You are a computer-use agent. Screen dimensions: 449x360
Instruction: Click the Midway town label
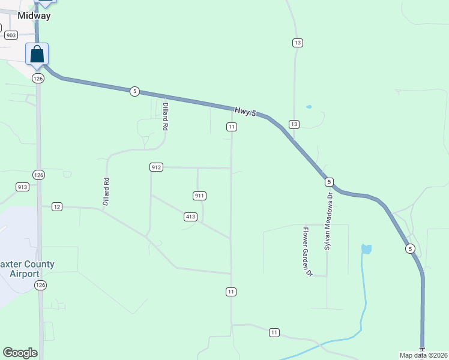tap(34, 16)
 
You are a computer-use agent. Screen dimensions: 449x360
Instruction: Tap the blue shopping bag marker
tap(37, 54)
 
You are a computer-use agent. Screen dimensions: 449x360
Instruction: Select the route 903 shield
tap(11, 35)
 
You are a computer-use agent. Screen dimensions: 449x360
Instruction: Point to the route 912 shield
tap(156, 167)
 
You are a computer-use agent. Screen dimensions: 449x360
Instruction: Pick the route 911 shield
tap(200, 196)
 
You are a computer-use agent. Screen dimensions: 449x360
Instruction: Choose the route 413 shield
tap(190, 217)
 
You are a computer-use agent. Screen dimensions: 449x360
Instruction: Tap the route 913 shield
tap(23, 187)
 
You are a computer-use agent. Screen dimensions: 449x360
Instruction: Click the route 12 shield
tap(57, 206)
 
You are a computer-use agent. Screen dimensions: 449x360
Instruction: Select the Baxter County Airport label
tap(28, 268)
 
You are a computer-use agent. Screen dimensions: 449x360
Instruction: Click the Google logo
tap(20, 353)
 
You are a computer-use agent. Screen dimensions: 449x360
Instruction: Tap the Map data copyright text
tap(424, 355)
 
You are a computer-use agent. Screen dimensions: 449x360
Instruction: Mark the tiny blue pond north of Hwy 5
tap(309, 107)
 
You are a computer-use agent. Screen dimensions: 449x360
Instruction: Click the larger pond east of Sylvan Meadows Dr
tap(366, 248)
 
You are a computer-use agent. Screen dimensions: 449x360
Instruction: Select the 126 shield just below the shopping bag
tap(38, 79)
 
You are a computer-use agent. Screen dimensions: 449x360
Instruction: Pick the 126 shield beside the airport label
tap(39, 284)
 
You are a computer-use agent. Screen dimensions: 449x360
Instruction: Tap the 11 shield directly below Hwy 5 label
tap(231, 127)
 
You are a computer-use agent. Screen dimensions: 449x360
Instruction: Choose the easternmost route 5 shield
tap(410, 248)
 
